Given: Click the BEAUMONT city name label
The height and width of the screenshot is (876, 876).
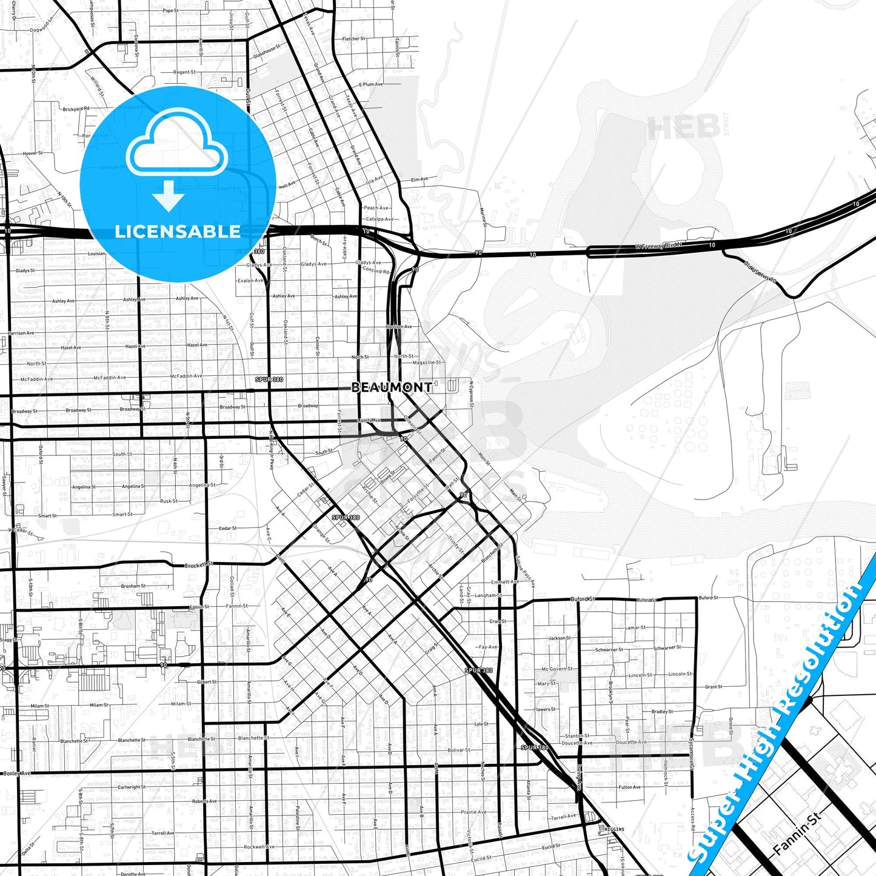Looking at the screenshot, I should [392, 387].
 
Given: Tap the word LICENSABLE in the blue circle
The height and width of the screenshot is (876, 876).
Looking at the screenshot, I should [178, 232].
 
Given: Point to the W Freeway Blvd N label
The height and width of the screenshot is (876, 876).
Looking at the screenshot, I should [658, 246].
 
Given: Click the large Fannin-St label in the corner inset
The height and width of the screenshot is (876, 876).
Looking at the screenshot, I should [797, 834].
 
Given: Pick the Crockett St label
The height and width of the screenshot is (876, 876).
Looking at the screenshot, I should [199, 565].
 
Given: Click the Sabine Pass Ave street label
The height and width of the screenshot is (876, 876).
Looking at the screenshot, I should [525, 572].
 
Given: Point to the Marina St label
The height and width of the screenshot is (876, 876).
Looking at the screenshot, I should [484, 217].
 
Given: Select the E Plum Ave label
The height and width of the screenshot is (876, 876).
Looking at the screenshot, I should [370, 84].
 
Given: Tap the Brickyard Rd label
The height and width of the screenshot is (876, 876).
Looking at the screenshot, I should [76, 109].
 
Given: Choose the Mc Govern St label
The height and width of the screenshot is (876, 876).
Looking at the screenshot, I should [557, 669].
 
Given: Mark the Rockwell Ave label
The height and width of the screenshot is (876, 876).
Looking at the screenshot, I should [259, 847].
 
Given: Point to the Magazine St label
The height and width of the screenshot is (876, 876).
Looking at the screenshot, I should [427, 363].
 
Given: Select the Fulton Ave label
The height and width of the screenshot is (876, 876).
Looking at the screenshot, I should [629, 787].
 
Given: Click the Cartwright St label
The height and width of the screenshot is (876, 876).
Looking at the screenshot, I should [132, 787].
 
